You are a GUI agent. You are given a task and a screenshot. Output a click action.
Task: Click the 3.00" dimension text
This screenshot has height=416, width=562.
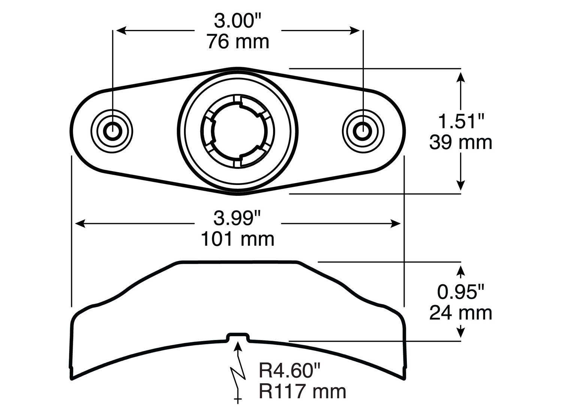tap(238, 21)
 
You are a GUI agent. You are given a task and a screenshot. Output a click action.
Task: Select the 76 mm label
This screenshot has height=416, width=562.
tap(238, 42)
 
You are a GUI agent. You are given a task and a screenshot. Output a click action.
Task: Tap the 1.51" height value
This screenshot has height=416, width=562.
tap(461, 122)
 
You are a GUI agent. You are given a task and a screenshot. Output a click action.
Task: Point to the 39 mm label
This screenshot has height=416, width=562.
tap(460, 143)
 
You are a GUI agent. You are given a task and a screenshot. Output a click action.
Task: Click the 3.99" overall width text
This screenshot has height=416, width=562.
tap(238, 218)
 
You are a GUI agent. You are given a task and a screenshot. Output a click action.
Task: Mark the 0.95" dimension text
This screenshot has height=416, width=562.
tap(461, 292)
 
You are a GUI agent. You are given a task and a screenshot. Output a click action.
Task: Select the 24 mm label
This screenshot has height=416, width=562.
tap(460, 313)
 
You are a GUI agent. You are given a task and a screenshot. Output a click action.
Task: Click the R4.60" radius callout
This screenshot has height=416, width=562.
tap(290, 371)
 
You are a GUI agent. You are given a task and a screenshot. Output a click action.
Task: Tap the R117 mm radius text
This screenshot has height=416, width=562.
tap(302, 392)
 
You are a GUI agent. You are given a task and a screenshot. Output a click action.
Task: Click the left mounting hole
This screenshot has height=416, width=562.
tap(112, 131)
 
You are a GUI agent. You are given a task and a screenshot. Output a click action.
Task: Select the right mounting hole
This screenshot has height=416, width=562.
tap(363, 131)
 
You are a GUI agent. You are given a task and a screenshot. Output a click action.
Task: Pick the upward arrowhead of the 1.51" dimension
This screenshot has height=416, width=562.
tap(461, 77)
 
